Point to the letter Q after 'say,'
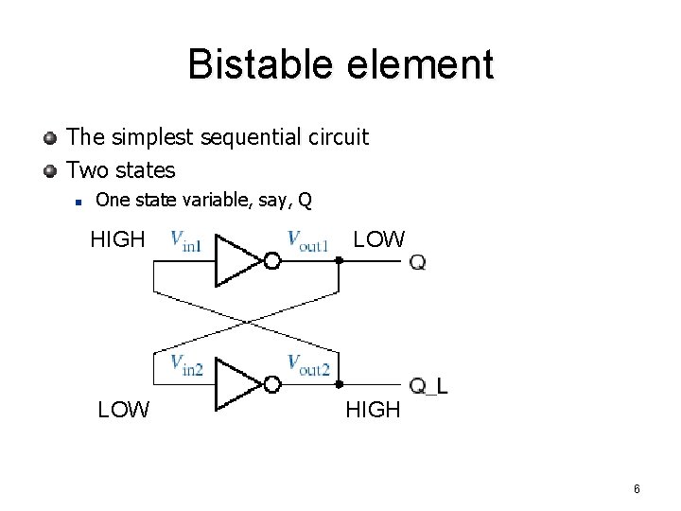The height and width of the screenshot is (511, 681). tap(304, 201)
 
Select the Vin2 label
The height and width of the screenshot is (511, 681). tap(186, 366)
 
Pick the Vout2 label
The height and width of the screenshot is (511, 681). tap(307, 366)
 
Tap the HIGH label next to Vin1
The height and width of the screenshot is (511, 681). tap(117, 239)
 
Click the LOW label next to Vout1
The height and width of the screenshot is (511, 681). tap(378, 239)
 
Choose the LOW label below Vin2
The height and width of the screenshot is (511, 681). tap(124, 410)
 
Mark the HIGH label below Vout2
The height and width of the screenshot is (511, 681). tap(374, 410)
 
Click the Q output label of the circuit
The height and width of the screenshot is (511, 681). tap(417, 262)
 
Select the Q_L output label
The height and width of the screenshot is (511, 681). tap(428, 386)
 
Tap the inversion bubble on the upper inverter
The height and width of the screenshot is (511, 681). tap(271, 261)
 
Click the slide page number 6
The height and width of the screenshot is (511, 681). tap(637, 489)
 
